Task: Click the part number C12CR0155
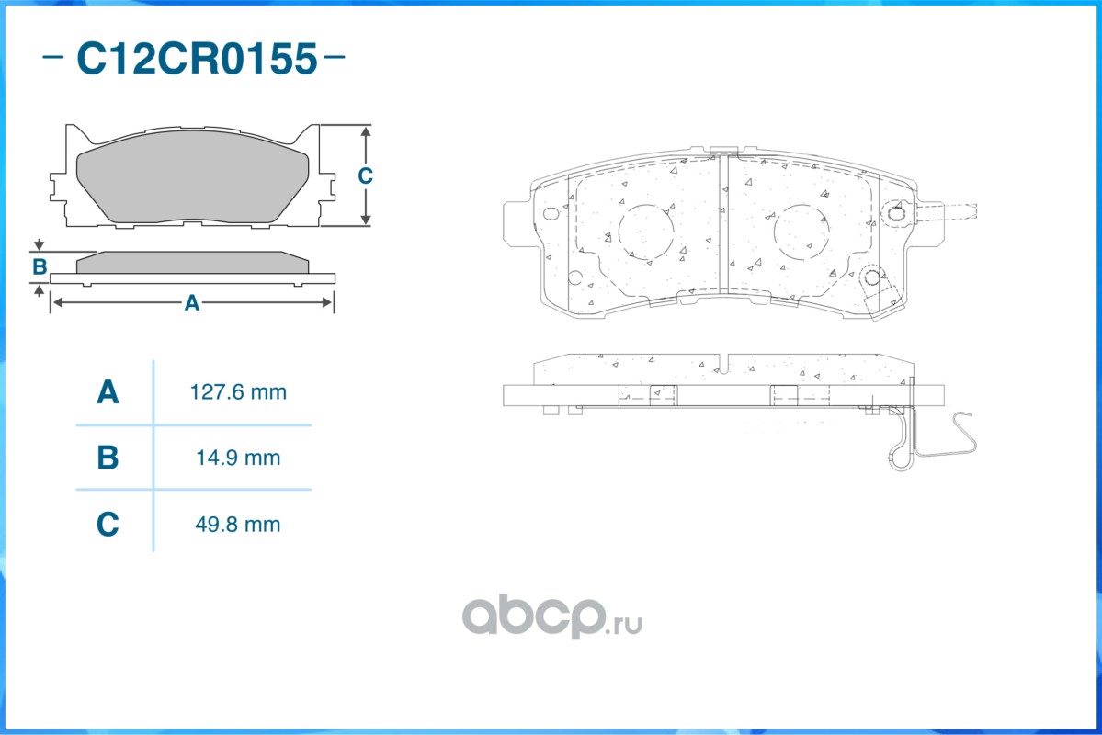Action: pos(197,58)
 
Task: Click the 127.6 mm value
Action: pos(238,392)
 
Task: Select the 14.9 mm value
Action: pos(238,458)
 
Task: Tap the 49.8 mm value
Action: pos(238,525)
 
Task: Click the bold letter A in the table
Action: pos(108,392)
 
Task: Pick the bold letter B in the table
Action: pos(108,458)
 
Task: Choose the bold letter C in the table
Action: pos(108,525)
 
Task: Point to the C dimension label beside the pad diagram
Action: pos(365,175)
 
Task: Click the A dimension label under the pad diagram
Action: pos(191,303)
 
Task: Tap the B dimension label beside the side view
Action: pos(40,267)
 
